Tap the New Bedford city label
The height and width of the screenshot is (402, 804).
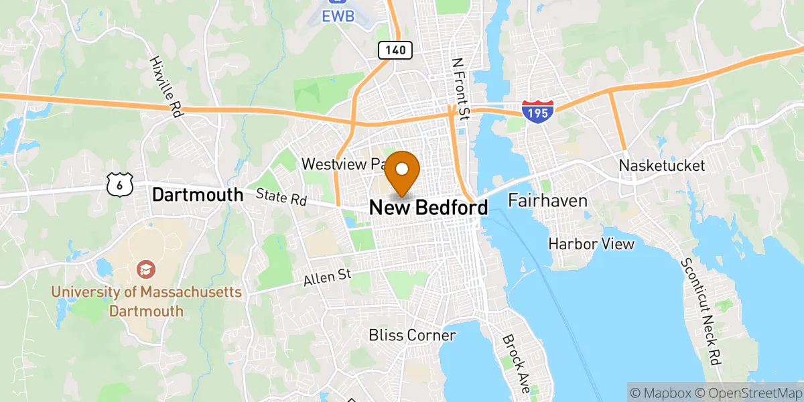[x=429, y=208]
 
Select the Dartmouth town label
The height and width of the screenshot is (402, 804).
[x=198, y=195]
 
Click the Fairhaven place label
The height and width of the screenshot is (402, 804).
[x=547, y=200]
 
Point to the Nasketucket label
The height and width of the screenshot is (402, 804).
[x=662, y=165]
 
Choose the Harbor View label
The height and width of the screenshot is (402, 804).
[x=591, y=244]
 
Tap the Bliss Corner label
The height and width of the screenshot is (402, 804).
[x=412, y=335]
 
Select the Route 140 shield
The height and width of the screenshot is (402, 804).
[x=395, y=49]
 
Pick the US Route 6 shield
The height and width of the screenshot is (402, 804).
[x=120, y=185]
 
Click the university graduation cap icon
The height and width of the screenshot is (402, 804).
[x=145, y=270]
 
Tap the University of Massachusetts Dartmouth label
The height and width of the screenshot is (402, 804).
[x=146, y=301]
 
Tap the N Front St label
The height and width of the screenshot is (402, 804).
[x=460, y=88]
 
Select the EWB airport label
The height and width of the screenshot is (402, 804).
[x=333, y=14]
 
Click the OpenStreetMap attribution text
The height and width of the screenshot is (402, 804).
[x=748, y=391]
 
